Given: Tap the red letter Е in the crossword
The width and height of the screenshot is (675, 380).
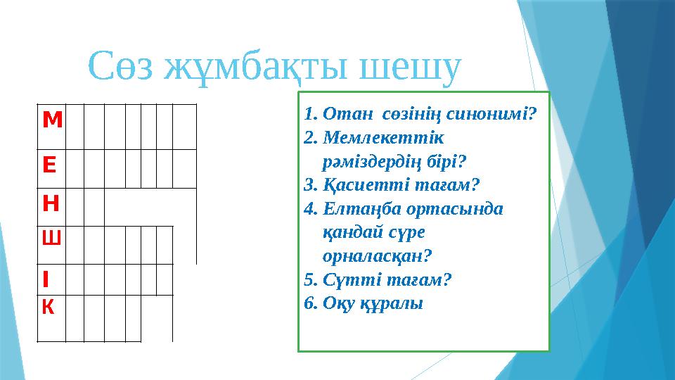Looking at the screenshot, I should [50, 165].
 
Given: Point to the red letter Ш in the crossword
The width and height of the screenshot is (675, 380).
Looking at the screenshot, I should [51, 239].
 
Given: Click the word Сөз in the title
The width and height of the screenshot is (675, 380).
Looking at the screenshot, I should [122, 67].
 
